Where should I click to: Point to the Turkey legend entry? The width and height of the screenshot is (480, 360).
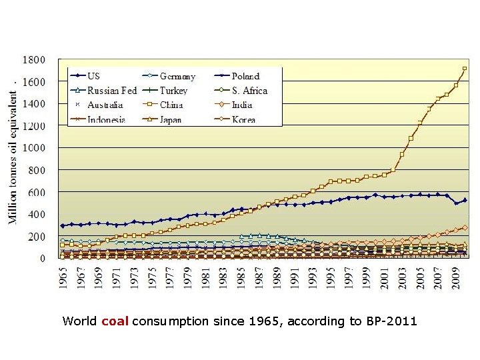tap(173, 91)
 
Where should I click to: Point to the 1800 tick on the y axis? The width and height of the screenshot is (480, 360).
tap(34, 59)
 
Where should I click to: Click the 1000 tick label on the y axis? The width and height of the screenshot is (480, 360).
tap(34, 148)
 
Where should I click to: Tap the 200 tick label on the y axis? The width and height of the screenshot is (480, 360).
tap(37, 237)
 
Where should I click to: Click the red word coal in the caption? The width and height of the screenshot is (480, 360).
tap(115, 321)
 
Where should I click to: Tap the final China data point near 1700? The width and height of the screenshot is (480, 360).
tap(465, 69)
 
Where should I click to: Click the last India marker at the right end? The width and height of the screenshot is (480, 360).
tap(465, 227)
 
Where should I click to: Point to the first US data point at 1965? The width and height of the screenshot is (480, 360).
tap(63, 225)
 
